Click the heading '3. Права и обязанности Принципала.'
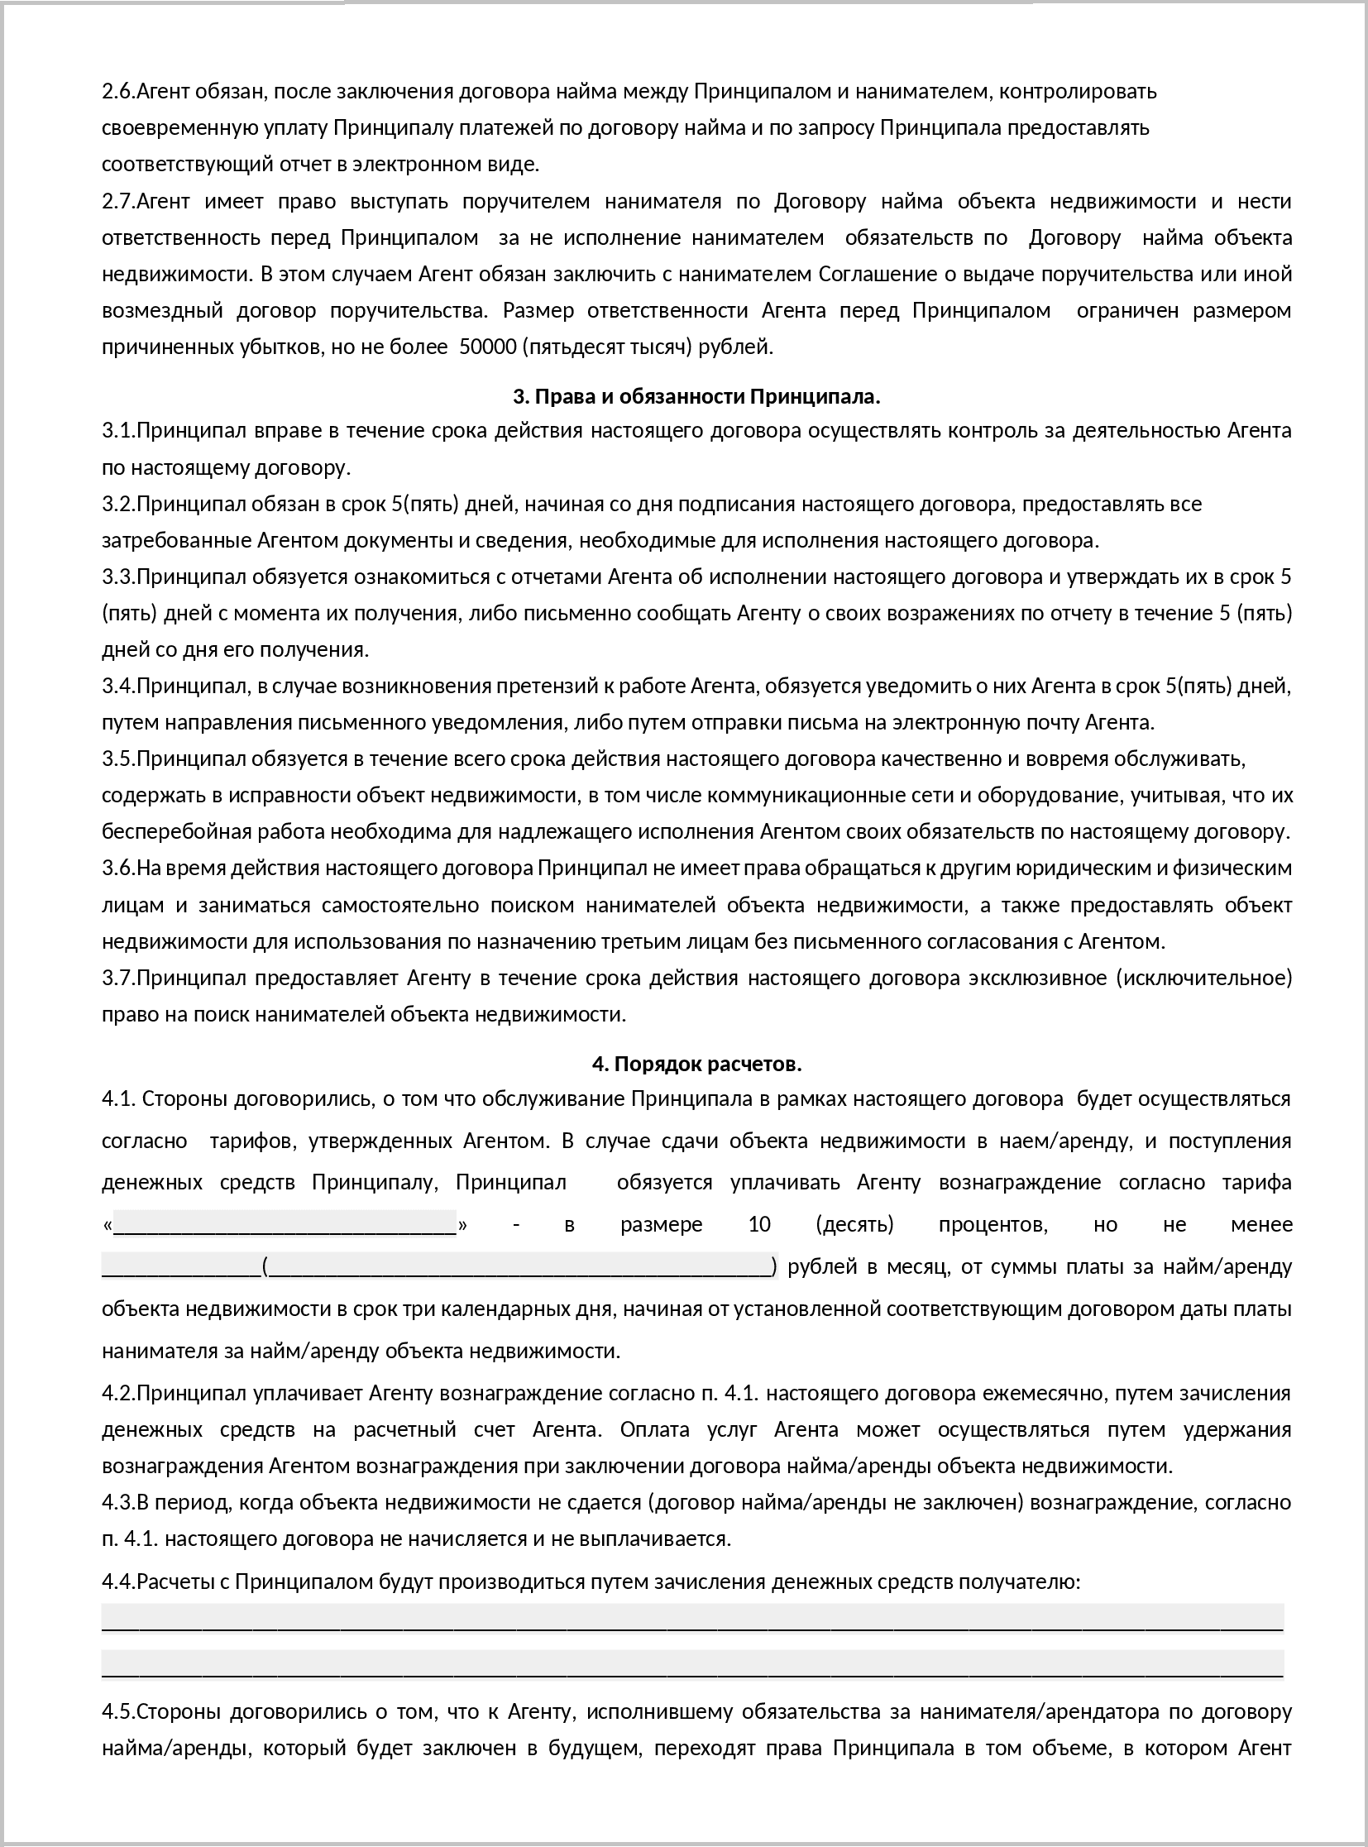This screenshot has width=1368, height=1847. point(696,397)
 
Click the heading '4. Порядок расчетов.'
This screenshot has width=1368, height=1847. point(696,1064)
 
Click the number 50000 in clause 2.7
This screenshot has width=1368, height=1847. point(488,347)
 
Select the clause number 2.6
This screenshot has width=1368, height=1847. point(117,91)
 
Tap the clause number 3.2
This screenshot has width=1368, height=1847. point(117,504)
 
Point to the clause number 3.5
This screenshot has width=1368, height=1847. point(117,758)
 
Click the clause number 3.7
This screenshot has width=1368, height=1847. point(117,978)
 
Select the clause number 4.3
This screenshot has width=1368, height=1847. point(117,1502)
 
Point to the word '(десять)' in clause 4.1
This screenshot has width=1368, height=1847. point(854,1224)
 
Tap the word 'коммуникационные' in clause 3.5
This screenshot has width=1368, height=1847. point(772,795)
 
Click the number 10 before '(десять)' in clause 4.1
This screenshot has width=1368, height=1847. point(758,1224)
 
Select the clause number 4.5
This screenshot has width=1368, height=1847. point(117,1711)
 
